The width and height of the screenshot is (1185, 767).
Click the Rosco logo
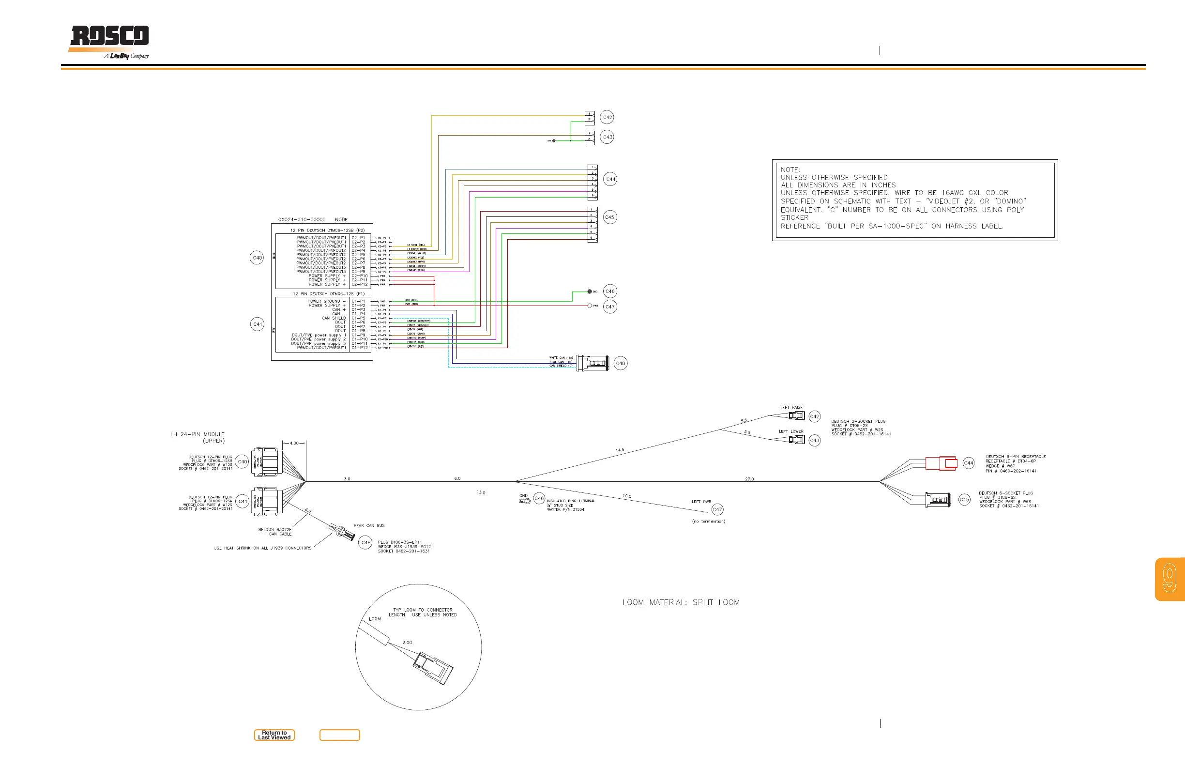(109, 40)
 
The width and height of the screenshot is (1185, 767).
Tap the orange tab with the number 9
(1170, 579)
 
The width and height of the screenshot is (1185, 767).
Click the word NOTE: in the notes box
(790, 170)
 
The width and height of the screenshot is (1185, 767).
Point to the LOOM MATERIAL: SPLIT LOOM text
(681, 603)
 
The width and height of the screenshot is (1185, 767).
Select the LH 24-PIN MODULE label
(197, 437)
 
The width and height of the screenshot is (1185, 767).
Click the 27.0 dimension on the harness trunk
(749, 479)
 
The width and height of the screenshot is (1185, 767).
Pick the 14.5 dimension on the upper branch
(620, 450)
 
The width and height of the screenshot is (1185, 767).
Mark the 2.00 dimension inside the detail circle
(407, 643)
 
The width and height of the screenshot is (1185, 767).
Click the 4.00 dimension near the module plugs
(294, 443)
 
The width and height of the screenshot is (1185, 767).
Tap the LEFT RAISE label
(791, 407)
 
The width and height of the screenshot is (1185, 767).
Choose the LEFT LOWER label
(790, 431)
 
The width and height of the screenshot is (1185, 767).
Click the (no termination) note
(708, 522)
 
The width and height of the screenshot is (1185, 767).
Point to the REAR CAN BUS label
(369, 525)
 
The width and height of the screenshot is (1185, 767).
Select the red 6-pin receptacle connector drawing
(941, 463)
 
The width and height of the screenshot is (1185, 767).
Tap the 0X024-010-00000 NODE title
(313, 220)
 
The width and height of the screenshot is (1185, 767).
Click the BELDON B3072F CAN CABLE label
(275, 531)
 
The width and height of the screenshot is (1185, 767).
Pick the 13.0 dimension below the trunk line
(481, 492)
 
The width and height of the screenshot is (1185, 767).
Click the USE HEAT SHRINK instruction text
(262, 548)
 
